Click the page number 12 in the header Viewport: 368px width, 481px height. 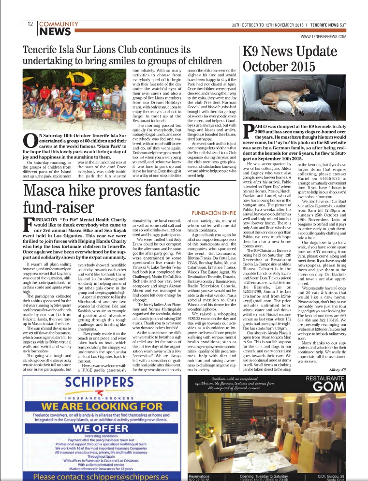pyautogui.click(x=30, y=24)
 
